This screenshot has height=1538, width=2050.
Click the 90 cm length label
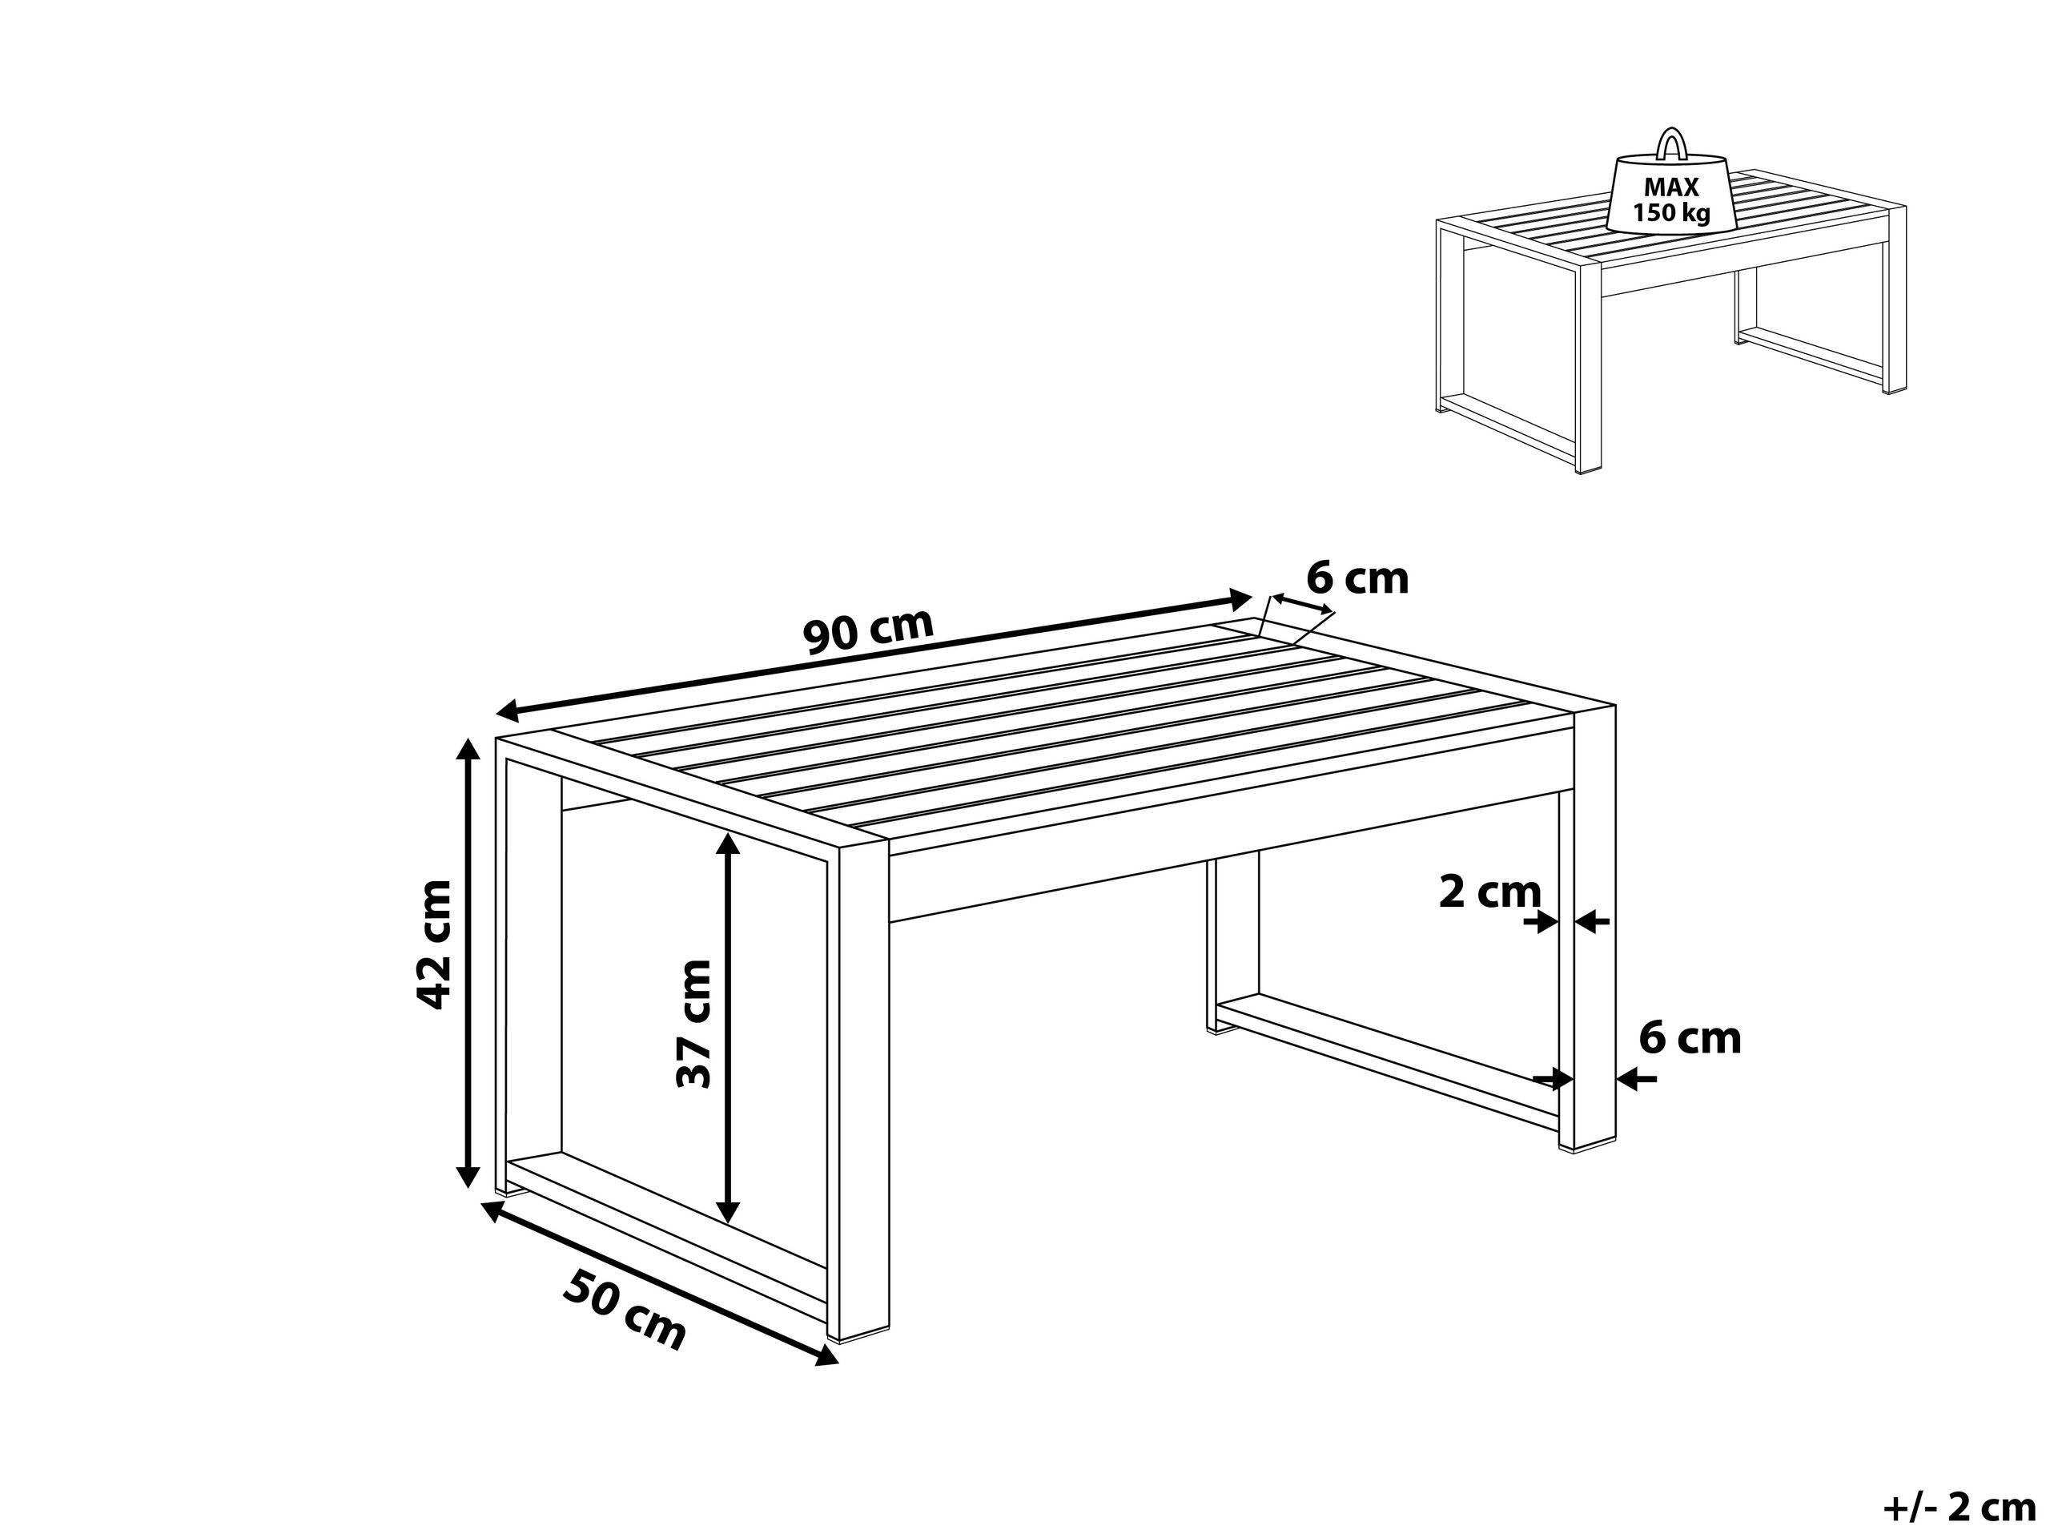click(x=867, y=630)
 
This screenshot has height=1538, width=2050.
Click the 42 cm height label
click(x=434, y=944)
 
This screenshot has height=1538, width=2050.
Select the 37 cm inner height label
click(x=694, y=1024)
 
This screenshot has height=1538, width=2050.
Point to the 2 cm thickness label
click(x=1489, y=892)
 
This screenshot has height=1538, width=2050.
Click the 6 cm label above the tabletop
click(x=1357, y=578)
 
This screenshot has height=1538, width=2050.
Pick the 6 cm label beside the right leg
click(x=1690, y=1037)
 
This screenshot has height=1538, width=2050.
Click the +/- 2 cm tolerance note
click(x=1958, y=1508)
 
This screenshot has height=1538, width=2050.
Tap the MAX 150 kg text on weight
click(x=1672, y=200)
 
